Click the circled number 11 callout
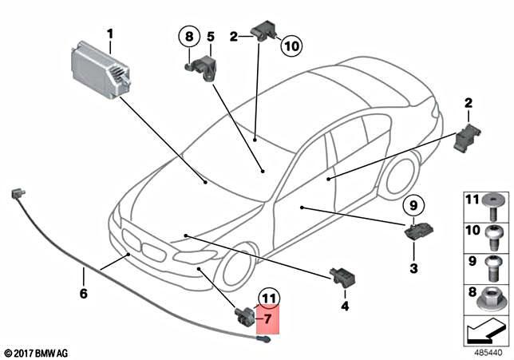(x=268, y=301)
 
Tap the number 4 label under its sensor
(x=344, y=306)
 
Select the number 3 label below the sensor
(x=413, y=268)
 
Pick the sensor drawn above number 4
(x=341, y=276)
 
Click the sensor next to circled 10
(x=263, y=32)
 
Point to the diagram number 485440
(x=487, y=350)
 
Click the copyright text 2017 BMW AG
(x=36, y=352)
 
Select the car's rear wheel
(x=399, y=177)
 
